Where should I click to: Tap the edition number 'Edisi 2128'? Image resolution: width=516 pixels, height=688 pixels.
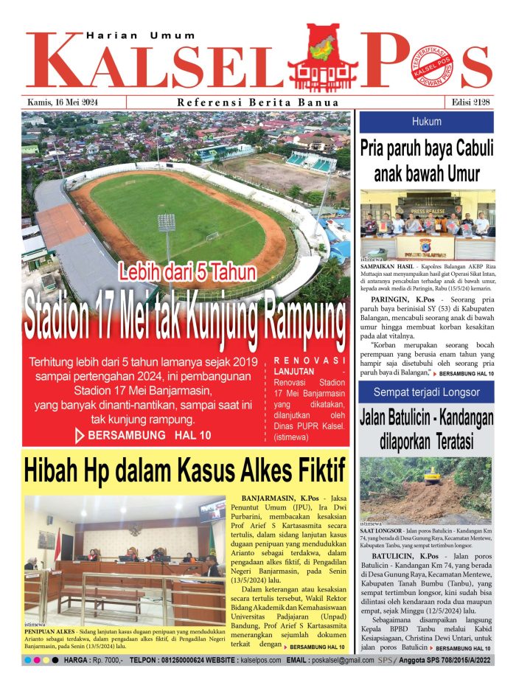pyautogui.click(x=467, y=101)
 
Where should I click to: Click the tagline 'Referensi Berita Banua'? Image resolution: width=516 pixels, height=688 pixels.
pyautogui.click(x=258, y=102)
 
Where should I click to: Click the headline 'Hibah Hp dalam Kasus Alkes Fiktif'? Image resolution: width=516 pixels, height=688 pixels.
pyautogui.click(x=184, y=470)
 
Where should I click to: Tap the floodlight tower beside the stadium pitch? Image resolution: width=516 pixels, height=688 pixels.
pyautogui.click(x=167, y=229)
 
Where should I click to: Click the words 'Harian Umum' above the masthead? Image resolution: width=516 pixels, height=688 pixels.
pyautogui.click(x=141, y=35)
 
